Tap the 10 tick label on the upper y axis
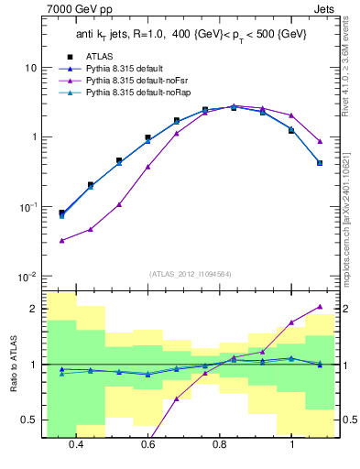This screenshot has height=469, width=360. (31, 68)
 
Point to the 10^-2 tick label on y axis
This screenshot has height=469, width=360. (29, 277)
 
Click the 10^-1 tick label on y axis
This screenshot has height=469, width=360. (29, 207)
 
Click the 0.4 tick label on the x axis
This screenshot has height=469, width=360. (75, 443)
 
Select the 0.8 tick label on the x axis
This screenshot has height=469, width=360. (220, 443)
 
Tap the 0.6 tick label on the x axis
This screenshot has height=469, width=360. (147, 443)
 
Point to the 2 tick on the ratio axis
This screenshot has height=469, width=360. (34, 309)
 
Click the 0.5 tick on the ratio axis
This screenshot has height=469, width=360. (29, 420)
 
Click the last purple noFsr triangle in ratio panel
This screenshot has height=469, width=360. (319, 307)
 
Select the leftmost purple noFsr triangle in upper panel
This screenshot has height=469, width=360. (61, 241)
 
